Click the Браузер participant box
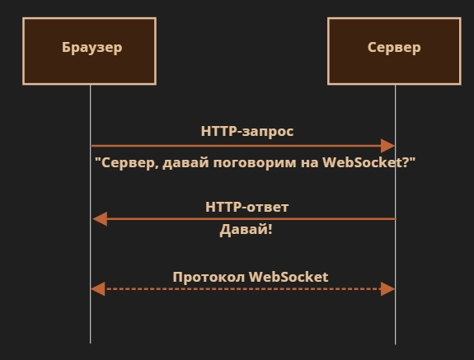coord(90,51)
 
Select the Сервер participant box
coord(395,51)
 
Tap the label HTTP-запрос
coord(247,132)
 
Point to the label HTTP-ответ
coord(247,207)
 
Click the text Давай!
coord(246,230)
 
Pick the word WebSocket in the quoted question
coord(365,162)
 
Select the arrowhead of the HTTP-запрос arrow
coord(387,146)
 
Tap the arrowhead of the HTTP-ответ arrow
coord(100,219)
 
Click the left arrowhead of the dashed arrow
coord(98,289)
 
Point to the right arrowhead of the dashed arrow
coord(387,289)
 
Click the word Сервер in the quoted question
coord(130,163)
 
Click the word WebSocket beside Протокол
coord(289,278)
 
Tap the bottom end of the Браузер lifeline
coord(90,343)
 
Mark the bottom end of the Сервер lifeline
coord(395,344)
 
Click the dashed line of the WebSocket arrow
coord(242,289)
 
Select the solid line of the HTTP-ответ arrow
coord(251,219)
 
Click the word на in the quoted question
coord(310,164)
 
